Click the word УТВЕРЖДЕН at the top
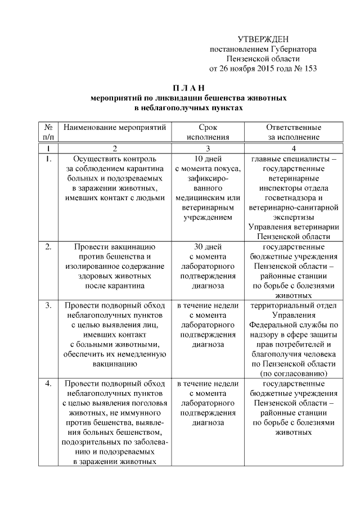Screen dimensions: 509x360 (x=263, y=39)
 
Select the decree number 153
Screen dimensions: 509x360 (x=310, y=70)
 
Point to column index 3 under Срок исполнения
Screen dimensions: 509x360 (x=208, y=148)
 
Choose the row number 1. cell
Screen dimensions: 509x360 (x=49, y=159)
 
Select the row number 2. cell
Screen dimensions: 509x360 (x=49, y=246)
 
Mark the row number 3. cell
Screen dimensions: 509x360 (x=49, y=305)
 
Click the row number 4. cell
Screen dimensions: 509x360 (x=49, y=384)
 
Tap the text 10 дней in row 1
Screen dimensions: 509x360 (x=208, y=159)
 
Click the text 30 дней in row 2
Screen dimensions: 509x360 (x=208, y=246)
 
